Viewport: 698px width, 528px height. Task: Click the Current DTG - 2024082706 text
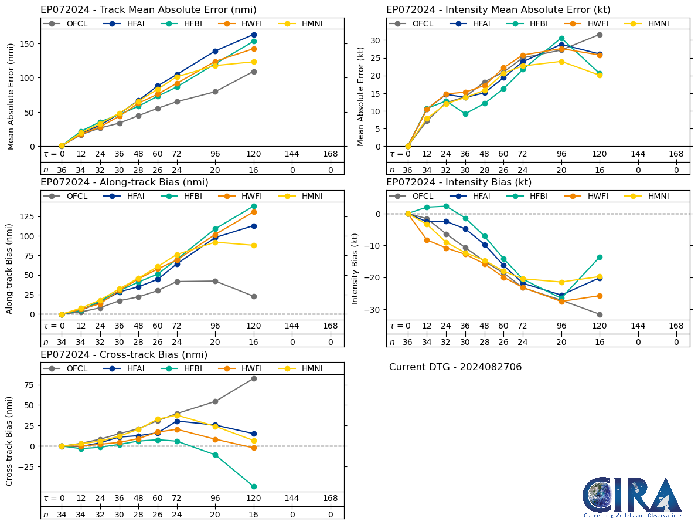455,367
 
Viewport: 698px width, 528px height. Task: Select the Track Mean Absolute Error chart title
148,10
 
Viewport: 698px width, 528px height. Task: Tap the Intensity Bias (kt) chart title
459,182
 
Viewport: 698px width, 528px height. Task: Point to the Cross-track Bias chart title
124,355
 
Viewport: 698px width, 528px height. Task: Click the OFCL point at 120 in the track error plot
254,72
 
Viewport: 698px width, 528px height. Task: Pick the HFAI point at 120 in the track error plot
254,35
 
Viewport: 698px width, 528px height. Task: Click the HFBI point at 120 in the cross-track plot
254,486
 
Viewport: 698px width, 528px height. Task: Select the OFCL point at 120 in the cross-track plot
254,378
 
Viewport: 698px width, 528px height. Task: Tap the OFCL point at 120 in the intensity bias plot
600,314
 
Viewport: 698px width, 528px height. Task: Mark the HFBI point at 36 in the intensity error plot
465,114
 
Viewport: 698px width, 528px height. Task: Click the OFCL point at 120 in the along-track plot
254,296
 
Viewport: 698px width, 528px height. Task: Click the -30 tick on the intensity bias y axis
375,309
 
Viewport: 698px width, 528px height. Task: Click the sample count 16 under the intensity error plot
600,170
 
